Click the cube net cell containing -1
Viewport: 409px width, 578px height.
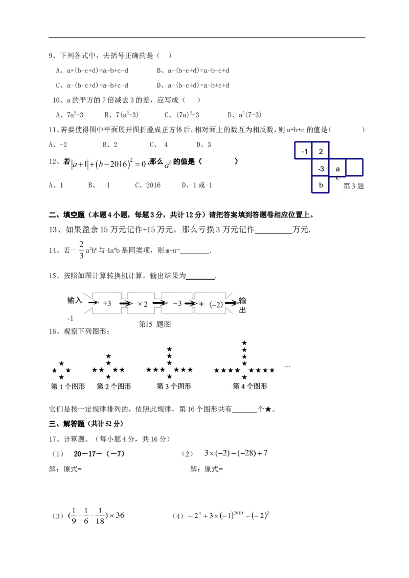point(303,151)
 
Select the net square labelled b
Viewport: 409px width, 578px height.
point(321,184)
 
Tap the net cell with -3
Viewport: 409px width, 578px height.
point(321,167)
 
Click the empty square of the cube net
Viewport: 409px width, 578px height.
point(354,167)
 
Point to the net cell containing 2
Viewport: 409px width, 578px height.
point(321,151)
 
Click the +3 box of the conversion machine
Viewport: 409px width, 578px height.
point(107,303)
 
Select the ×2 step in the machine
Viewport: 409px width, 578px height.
point(142,304)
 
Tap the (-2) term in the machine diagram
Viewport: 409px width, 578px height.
point(216,304)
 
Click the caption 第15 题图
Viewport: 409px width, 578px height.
point(155,324)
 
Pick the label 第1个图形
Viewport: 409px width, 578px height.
point(68,387)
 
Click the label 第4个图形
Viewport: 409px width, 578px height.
point(250,386)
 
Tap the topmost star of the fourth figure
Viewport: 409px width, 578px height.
point(244,343)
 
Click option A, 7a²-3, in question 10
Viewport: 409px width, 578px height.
point(70,115)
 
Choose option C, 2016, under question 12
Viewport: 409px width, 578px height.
point(148,185)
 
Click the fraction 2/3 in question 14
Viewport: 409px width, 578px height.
point(81,250)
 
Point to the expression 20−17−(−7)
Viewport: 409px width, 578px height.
point(99,454)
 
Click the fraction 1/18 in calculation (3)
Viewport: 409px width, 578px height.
point(100,516)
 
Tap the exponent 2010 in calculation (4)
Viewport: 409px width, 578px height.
point(238,512)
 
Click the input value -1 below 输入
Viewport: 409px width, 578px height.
point(70,318)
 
